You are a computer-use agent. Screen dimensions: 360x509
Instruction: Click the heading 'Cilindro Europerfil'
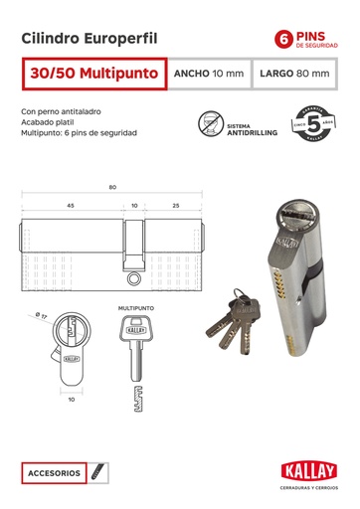click(x=89, y=38)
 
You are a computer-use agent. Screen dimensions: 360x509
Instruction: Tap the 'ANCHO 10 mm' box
click(x=208, y=75)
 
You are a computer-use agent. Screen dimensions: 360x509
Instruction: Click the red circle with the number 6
click(x=285, y=39)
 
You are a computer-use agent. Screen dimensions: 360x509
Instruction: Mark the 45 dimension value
click(x=70, y=206)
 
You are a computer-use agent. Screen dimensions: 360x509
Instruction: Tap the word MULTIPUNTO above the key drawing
click(x=136, y=309)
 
